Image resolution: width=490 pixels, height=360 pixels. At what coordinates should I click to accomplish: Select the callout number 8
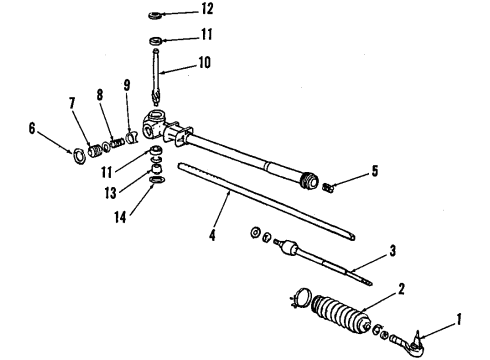click(99, 97)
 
